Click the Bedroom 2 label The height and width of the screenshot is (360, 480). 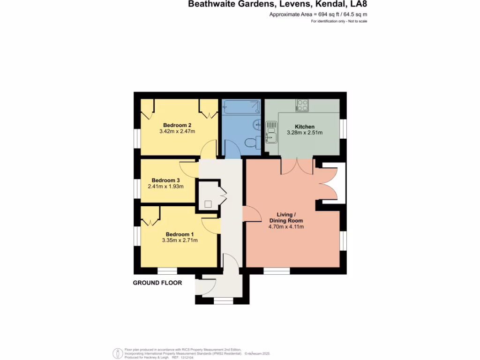click(177, 125)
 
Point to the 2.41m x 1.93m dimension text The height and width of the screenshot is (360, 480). click(165, 187)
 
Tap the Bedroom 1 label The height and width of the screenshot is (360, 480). click(180, 234)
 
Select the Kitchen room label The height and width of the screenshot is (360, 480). click(304, 127)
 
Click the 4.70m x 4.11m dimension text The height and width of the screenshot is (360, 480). click(286, 227)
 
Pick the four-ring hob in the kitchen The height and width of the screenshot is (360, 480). click(302, 105)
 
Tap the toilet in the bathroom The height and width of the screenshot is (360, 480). click(252, 142)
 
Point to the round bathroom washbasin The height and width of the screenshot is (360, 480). click(257, 125)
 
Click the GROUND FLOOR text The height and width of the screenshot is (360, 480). click(157, 283)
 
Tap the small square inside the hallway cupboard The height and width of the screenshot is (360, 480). click(208, 204)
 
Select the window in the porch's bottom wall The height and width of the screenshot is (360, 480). click(223, 301)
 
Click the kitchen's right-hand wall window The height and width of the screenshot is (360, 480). click(343, 129)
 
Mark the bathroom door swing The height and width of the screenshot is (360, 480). click(233, 151)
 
